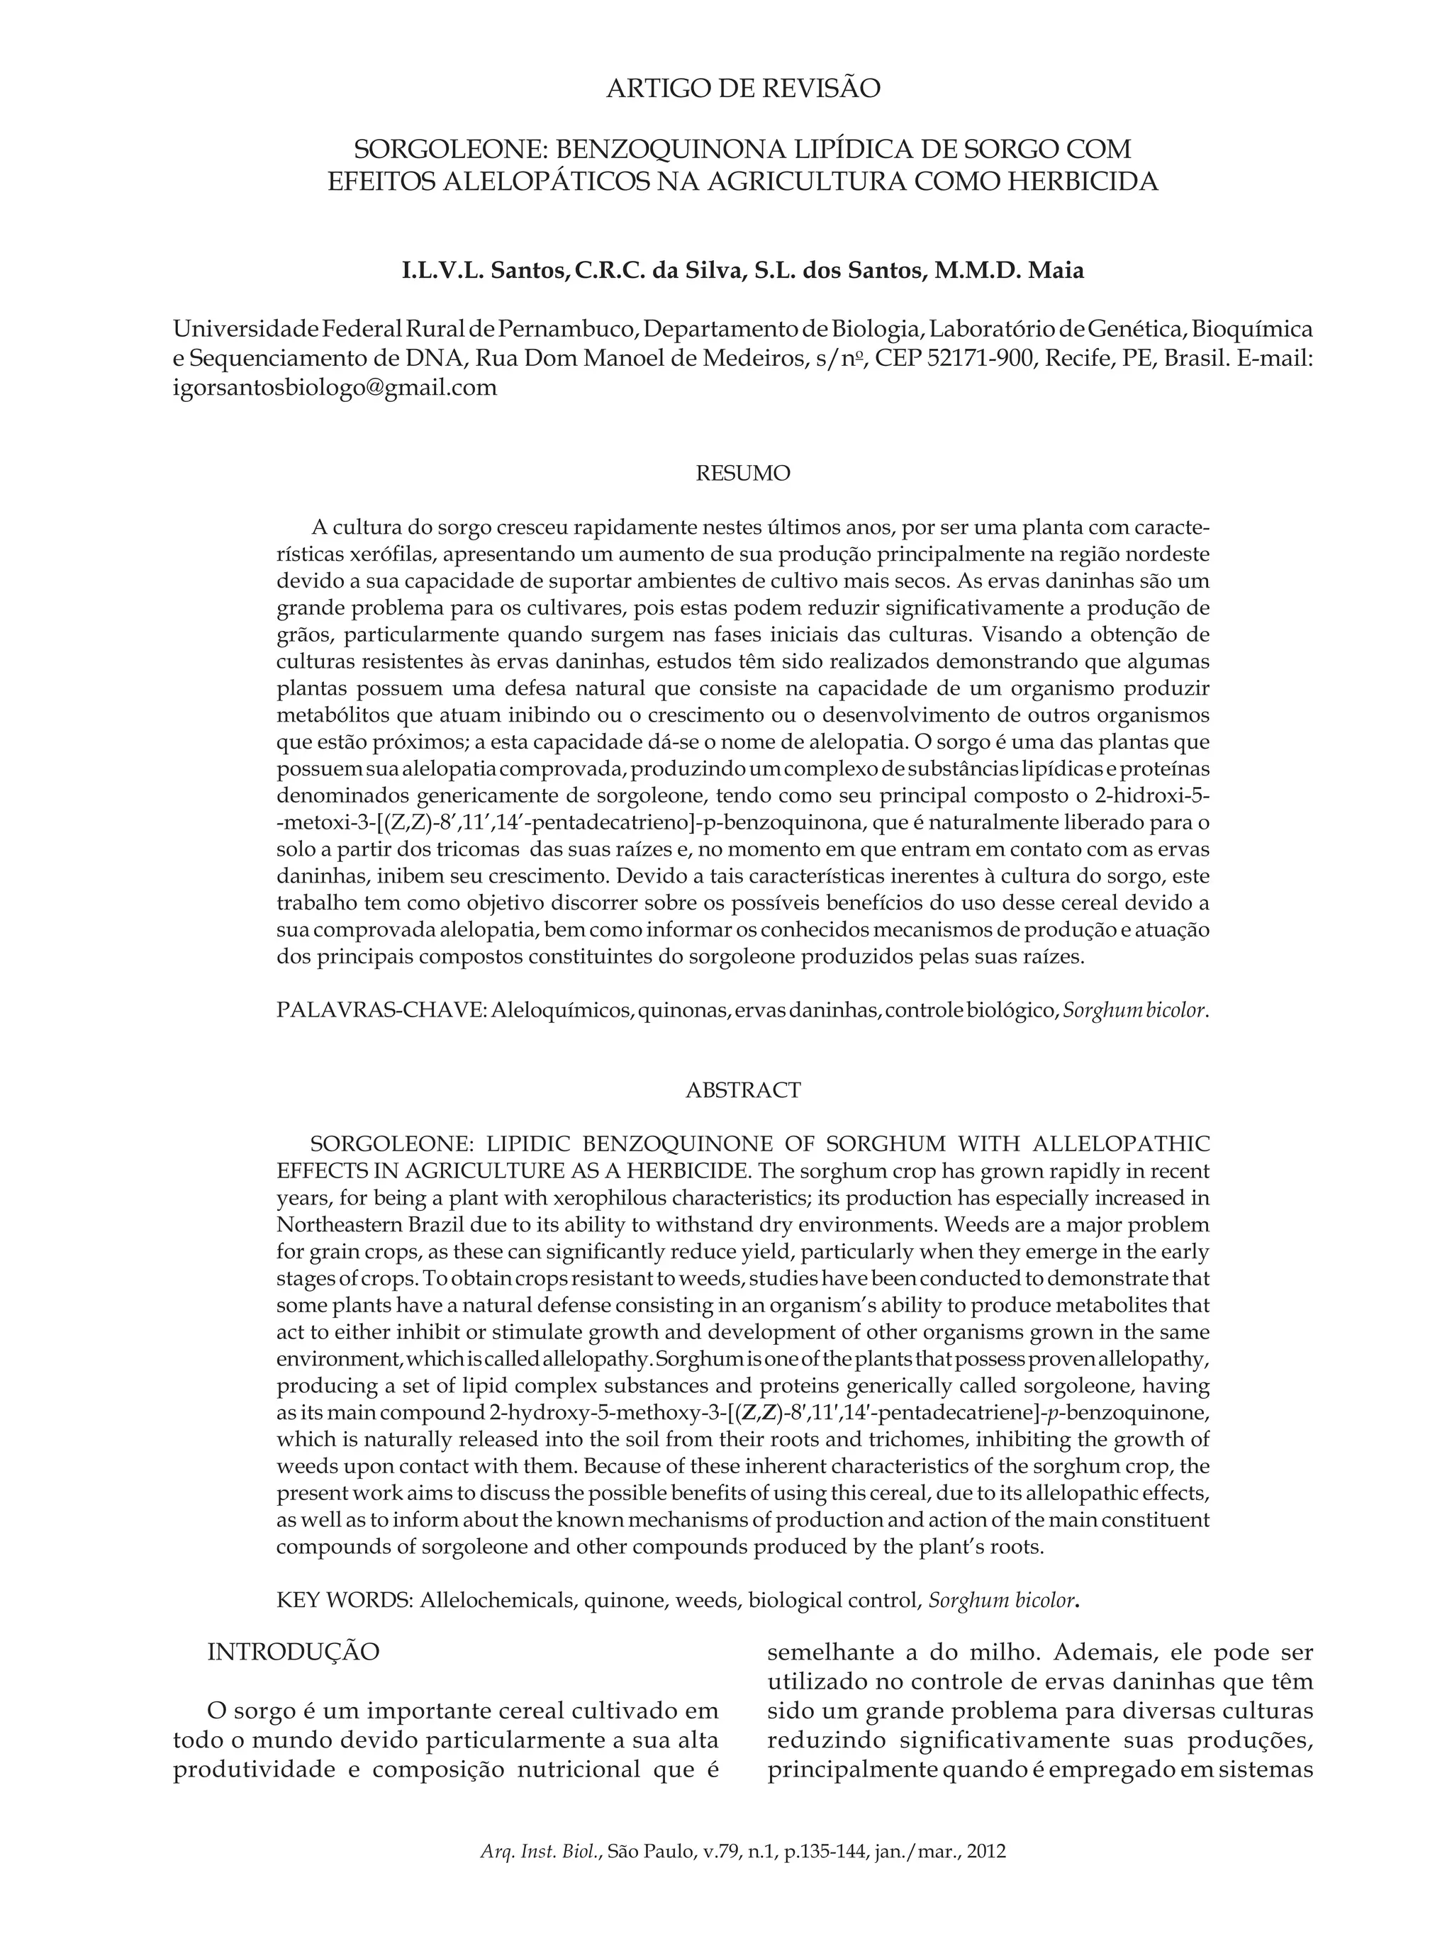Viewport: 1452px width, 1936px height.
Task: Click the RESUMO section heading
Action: [x=742, y=474]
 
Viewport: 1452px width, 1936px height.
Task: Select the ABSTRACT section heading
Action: [x=742, y=1090]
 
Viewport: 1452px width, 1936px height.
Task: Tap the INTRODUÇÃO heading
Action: [x=294, y=1652]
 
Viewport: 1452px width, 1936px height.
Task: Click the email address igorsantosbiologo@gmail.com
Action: [x=335, y=388]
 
